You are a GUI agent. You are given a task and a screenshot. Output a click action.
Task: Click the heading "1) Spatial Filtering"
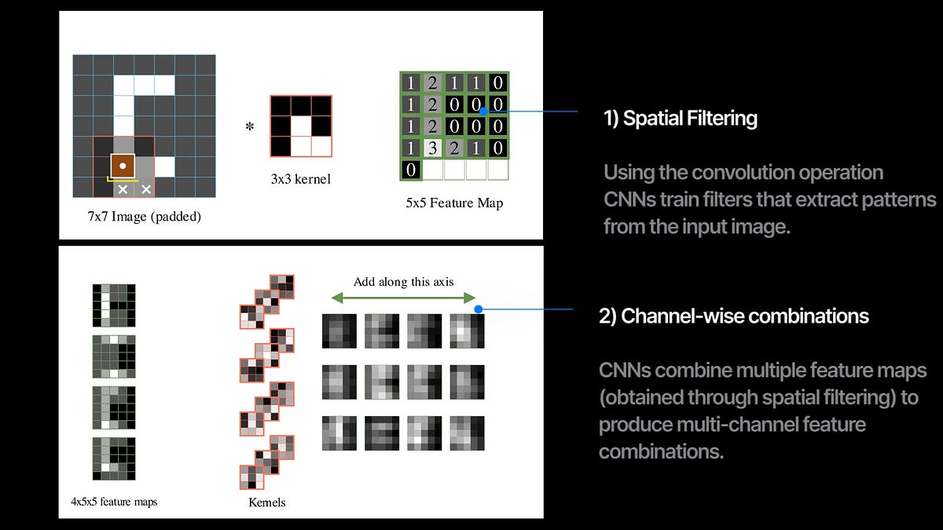pos(681,119)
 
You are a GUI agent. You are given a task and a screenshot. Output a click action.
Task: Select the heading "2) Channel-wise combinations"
pos(734,316)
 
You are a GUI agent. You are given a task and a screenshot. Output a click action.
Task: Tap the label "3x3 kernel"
pos(300,179)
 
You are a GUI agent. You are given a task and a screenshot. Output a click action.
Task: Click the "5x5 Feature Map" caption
pos(455,203)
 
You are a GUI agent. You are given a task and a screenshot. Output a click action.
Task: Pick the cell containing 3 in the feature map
pos(432,148)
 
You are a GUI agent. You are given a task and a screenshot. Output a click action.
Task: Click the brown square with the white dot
pos(123,166)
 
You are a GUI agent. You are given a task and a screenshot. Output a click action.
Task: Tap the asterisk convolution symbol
pos(250,126)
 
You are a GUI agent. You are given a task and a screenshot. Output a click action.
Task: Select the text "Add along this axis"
pos(403,282)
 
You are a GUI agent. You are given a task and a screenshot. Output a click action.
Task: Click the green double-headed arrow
pos(403,298)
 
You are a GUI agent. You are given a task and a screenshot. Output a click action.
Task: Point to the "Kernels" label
pos(266,502)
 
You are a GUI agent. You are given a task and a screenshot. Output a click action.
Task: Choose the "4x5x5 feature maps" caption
pos(113,501)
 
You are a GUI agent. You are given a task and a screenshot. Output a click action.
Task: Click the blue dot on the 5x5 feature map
pos(484,111)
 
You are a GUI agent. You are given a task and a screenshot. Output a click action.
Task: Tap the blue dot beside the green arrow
pos(479,310)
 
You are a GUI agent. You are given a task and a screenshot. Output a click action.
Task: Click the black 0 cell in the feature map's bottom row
pos(411,170)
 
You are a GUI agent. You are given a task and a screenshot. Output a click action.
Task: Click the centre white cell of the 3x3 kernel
pos(300,126)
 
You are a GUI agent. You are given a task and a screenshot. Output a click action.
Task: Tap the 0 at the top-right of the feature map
pos(497,82)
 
